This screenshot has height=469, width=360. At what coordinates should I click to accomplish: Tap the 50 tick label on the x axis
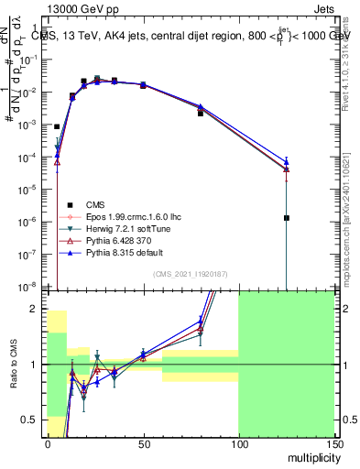pos(143,444)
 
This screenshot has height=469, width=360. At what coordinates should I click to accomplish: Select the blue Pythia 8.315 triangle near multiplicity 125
pos(287,161)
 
